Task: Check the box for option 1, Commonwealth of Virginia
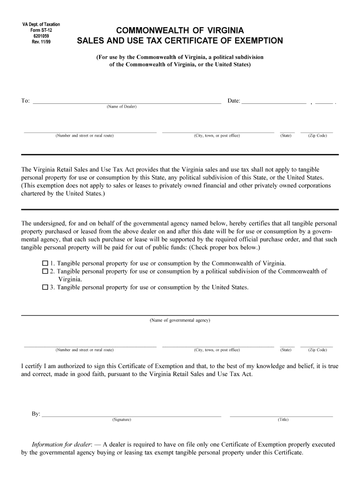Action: (45, 263)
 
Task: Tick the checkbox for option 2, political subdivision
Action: (45, 271)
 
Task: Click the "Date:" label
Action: (234, 101)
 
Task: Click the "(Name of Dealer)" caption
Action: (122, 107)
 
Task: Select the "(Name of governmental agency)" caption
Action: (180, 320)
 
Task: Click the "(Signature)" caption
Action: (122, 420)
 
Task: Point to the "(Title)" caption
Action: (283, 420)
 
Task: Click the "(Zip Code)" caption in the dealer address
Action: (317, 136)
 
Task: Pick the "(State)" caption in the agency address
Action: (286, 350)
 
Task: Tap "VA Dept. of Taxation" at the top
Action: (41, 24)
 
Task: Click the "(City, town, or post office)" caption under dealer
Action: (217, 136)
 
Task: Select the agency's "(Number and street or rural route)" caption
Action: (84, 350)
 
